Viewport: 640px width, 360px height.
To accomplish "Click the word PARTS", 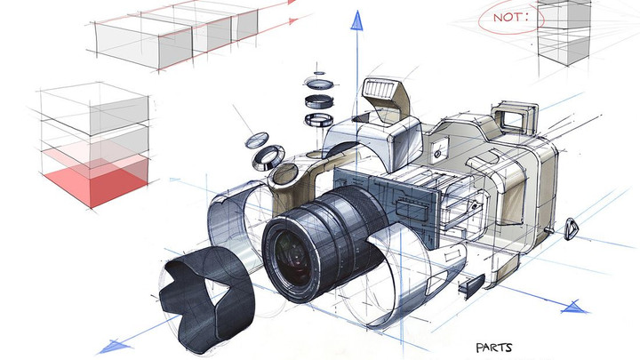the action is coord(494,348).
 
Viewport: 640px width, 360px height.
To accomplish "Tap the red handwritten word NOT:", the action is coord(510,17).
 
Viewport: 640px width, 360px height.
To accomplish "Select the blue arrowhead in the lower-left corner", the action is coord(115,347).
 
